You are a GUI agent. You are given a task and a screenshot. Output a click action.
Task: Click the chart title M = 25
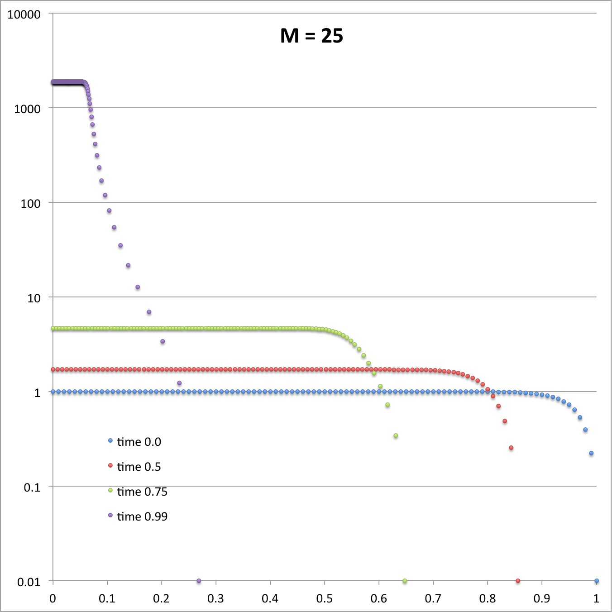311,36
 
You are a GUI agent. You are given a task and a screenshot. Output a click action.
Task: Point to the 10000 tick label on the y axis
24,14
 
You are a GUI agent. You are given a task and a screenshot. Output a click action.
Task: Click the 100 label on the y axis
30,204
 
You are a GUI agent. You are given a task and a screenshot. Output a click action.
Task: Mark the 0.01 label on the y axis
29,582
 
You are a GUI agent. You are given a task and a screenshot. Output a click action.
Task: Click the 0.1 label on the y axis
32,488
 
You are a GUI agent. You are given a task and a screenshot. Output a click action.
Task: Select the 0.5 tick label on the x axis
325,598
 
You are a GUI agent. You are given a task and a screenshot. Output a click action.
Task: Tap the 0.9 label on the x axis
542,598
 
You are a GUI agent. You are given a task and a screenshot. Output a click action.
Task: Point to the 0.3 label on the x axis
216,598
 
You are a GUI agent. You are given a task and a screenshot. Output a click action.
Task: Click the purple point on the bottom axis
199,581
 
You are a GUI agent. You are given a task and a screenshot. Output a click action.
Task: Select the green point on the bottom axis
405,581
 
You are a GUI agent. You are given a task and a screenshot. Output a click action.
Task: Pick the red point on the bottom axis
518,581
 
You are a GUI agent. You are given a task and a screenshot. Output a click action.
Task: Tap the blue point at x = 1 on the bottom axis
597,581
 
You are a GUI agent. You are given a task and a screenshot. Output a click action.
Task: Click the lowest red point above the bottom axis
511,448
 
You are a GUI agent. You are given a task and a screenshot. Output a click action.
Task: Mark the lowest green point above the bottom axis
396,436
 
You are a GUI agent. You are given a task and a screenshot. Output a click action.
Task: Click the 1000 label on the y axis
27,109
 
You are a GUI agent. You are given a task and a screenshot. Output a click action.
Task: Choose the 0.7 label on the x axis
433,598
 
